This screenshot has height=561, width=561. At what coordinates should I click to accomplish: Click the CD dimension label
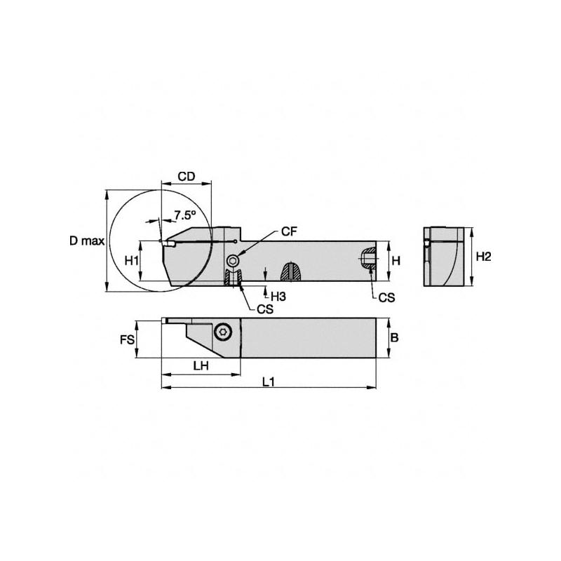[185, 177]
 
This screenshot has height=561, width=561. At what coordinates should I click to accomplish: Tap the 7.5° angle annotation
[184, 214]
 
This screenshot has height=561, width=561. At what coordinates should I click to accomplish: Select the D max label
[86, 241]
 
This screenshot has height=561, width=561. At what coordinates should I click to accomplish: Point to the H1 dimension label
[131, 260]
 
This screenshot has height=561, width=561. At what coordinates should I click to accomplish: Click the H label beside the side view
[396, 260]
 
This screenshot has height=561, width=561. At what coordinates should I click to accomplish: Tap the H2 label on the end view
[483, 257]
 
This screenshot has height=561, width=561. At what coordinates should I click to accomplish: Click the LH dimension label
[201, 366]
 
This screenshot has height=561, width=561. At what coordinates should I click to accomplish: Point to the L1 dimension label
[268, 383]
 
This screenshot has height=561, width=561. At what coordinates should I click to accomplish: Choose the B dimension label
[394, 337]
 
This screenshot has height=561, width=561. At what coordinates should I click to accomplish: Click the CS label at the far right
[386, 297]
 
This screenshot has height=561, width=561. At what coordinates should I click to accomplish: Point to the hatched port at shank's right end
[367, 259]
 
